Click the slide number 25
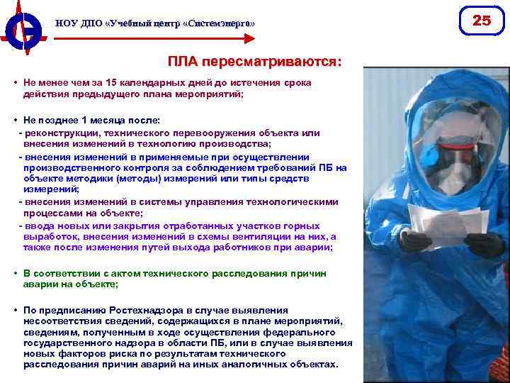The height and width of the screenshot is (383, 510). pyautogui.click(x=482, y=21)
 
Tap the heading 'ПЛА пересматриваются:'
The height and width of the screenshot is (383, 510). pyautogui.click(x=254, y=62)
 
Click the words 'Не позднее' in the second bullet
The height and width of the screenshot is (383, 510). pyautogui.click(x=49, y=120)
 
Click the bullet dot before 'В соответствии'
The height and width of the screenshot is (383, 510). pyautogui.click(x=15, y=272)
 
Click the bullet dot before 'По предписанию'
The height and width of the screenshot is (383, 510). pyautogui.click(x=15, y=310)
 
